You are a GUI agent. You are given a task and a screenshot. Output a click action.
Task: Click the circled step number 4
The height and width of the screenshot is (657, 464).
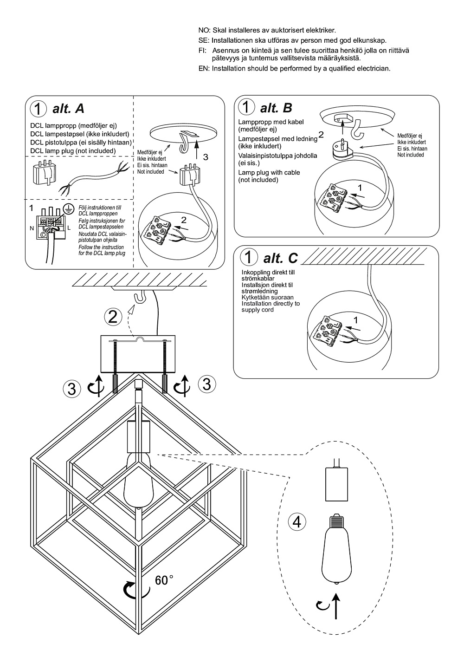point(297,522)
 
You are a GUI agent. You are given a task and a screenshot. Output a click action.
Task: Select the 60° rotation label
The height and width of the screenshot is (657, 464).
point(164,580)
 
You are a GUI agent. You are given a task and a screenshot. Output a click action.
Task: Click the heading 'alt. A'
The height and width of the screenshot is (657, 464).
point(69,109)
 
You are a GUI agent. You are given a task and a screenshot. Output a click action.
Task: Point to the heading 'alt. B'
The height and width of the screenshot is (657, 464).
point(276,108)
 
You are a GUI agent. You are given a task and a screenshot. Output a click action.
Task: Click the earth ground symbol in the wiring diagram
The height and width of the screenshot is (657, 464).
point(68,208)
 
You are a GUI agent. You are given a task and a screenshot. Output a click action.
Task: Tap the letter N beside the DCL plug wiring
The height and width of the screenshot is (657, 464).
point(32,228)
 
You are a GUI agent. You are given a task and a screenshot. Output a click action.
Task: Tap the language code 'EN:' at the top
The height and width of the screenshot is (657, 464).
point(204,69)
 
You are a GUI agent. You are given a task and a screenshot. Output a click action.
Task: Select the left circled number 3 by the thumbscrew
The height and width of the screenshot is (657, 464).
point(71,389)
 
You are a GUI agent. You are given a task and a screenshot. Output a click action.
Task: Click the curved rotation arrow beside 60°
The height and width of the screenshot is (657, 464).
point(135,589)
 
